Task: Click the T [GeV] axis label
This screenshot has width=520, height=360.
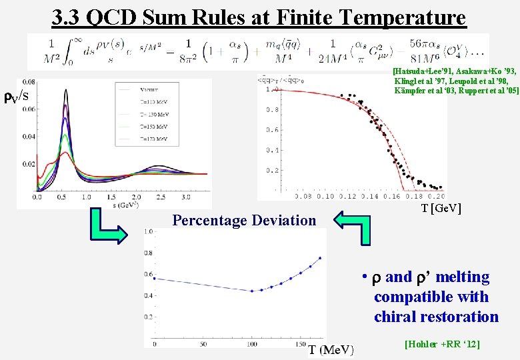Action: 441,209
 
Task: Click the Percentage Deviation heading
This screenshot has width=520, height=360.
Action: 244,220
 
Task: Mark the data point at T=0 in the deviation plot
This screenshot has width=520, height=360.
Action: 155,279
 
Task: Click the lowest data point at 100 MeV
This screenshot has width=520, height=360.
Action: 251,291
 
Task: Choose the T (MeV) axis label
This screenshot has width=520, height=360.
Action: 331,349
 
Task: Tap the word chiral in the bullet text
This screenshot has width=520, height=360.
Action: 399,317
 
